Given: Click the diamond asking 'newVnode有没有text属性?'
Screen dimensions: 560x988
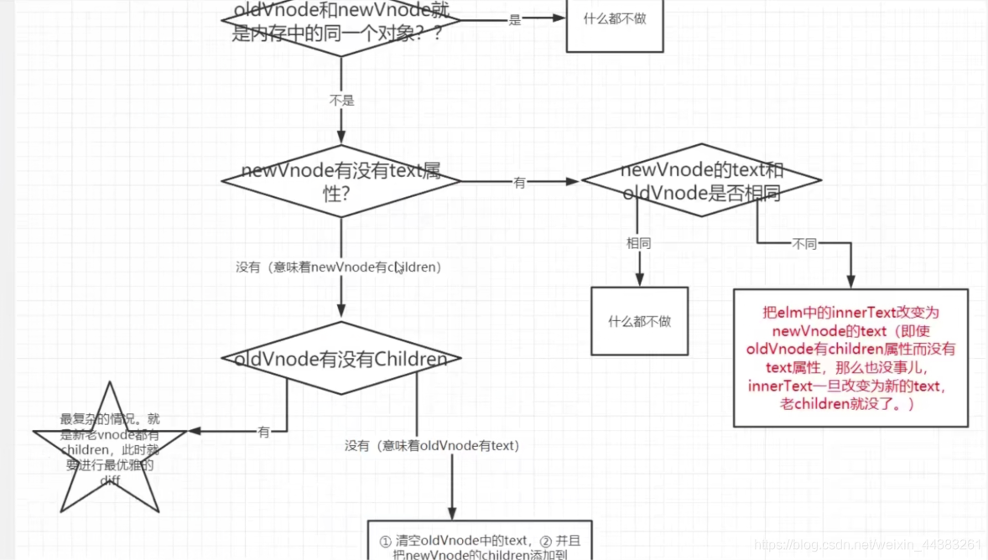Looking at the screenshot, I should click(x=341, y=180).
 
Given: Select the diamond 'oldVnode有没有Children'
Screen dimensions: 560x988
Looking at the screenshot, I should click(x=341, y=359).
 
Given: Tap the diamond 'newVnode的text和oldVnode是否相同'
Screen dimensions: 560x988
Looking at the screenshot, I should click(x=701, y=180).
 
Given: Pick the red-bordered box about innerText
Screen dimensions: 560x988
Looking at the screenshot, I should click(x=850, y=357).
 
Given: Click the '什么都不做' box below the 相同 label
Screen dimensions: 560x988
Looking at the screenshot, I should click(x=639, y=321).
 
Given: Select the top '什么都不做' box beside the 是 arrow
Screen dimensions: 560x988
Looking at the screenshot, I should click(x=615, y=19).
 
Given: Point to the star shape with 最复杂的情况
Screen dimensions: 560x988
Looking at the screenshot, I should click(x=109, y=449).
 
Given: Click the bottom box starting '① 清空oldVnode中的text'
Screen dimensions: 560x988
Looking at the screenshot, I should click(x=480, y=541).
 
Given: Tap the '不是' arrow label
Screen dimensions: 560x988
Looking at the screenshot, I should click(x=341, y=100).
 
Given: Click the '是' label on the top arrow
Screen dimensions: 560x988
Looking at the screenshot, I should click(x=515, y=20).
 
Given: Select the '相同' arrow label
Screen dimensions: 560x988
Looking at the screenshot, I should click(x=639, y=243).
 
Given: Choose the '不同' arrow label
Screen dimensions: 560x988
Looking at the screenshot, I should click(x=804, y=244).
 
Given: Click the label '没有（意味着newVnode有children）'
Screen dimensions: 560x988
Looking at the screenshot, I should click(x=338, y=267).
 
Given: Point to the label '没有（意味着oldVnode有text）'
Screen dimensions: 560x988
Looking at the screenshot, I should click(x=432, y=446).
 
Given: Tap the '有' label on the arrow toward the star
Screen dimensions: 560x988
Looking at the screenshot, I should click(x=264, y=433).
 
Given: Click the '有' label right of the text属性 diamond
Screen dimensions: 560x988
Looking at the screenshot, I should click(x=519, y=182).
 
